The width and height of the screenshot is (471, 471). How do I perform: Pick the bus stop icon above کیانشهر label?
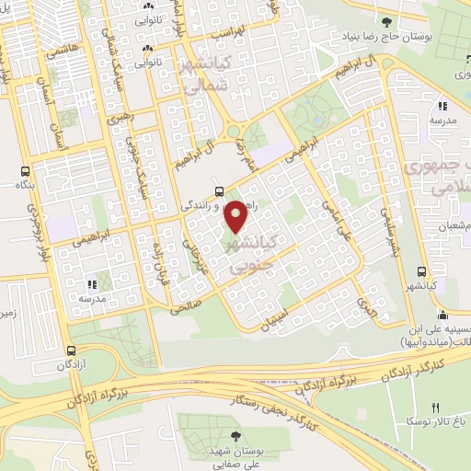[420, 273]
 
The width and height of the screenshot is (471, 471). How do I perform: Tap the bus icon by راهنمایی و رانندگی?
[219, 191]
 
